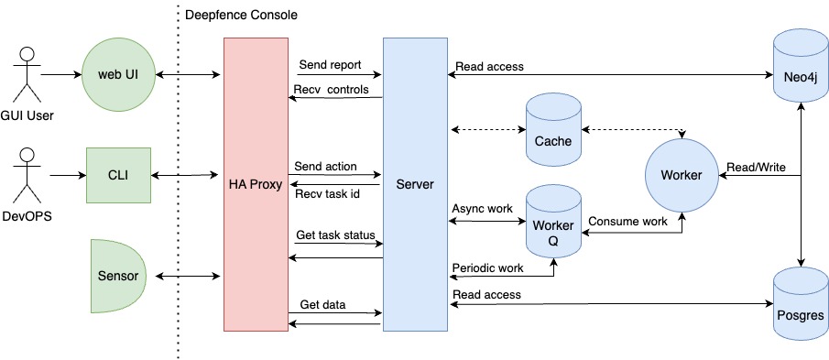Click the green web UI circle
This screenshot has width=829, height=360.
(117, 74)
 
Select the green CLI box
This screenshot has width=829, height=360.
(117, 174)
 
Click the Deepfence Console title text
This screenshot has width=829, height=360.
(241, 16)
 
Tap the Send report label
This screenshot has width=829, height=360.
(330, 65)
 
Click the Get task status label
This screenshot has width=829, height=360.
(335, 235)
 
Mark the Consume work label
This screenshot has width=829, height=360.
(627, 222)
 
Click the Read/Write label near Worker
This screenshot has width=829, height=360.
(753, 167)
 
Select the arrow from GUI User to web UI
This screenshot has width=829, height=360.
(60, 74)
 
